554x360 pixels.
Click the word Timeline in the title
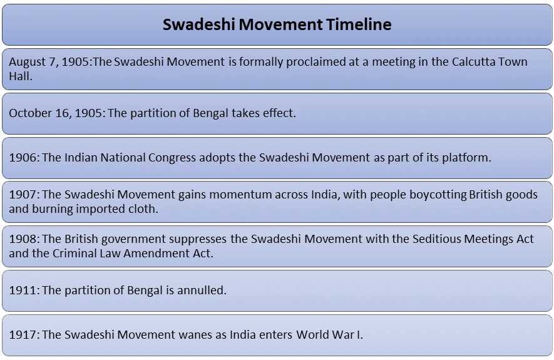[359, 24]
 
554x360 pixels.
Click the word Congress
[172, 158]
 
